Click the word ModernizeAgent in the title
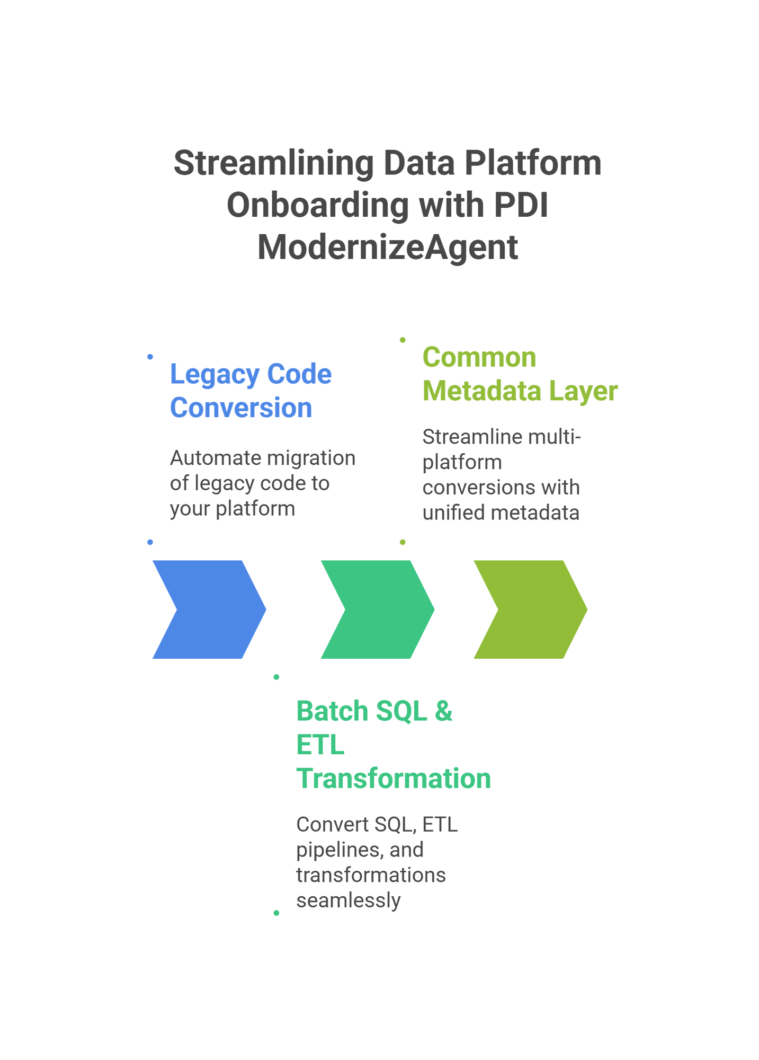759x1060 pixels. [x=387, y=248]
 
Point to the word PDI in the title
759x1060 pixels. [x=521, y=205]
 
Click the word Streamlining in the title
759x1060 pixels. [x=273, y=163]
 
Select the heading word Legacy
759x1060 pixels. [x=215, y=374]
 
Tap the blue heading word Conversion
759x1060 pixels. [x=241, y=408]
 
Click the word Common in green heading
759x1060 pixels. [x=479, y=357]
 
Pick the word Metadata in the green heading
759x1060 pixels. [x=481, y=391]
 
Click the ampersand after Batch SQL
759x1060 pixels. [x=443, y=711]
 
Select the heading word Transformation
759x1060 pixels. [x=394, y=779]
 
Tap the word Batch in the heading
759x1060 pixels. [x=332, y=711]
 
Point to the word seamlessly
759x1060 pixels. [x=348, y=900]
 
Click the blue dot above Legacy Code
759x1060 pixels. [x=150, y=357]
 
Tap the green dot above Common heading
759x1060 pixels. [x=403, y=340]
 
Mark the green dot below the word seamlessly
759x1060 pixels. [x=276, y=913]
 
